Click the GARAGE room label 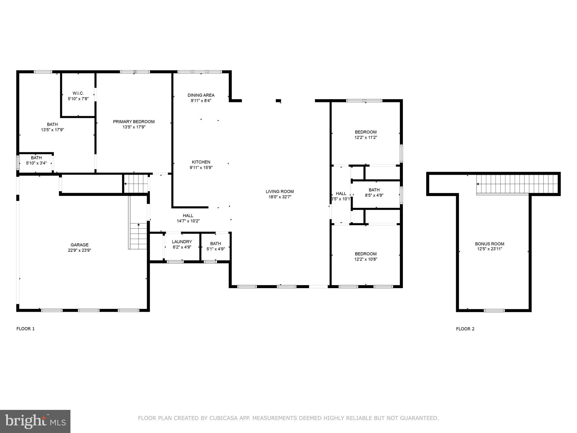coord(79,245)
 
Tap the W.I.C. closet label coord(78,93)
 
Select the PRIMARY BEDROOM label coord(134,122)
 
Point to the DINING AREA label coord(201,95)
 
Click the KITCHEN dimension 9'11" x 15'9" coord(201,167)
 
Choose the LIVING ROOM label coord(279,192)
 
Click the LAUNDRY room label coord(182,242)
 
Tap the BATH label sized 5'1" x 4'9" coord(216,244)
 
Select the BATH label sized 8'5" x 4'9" coord(374,190)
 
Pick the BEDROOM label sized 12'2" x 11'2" coord(365,132)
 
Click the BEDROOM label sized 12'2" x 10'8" coord(365,254)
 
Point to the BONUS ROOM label coord(489,244)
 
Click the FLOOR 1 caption coord(26,329)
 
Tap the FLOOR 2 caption coord(465,329)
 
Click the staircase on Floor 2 coord(517,184)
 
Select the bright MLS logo coord(35,421)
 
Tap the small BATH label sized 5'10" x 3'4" coord(36,158)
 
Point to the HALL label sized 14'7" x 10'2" coord(188,216)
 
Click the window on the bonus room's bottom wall coord(494,311)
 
